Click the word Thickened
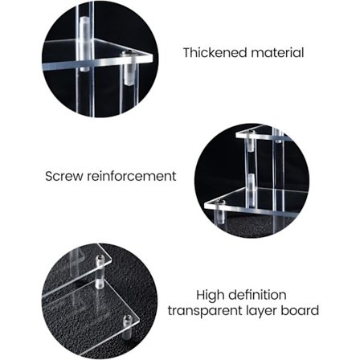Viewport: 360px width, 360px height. point(215,52)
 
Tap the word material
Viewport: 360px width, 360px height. point(277,52)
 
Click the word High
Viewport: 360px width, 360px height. point(210,295)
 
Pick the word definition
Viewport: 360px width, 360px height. point(258,295)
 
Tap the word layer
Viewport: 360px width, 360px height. point(261,311)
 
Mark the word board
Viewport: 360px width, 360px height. point(300,310)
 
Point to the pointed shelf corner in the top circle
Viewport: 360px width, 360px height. point(152,57)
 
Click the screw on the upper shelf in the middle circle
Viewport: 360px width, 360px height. point(251,133)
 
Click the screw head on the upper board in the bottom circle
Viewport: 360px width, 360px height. point(100,258)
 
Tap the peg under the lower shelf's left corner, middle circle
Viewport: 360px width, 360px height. point(220,217)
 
